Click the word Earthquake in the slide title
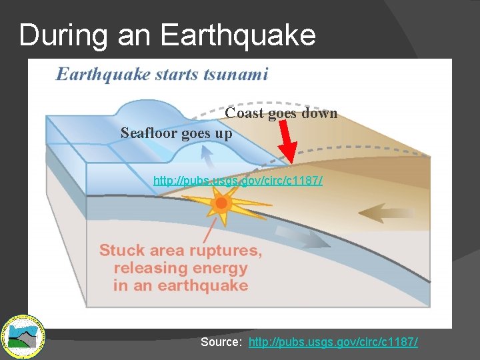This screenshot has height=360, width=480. pos(238,35)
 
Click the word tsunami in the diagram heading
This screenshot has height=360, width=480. pos(236,73)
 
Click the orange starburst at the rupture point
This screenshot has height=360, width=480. pos(222,203)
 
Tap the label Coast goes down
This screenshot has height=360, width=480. pos(281,113)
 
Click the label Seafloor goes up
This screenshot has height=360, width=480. pos(176,133)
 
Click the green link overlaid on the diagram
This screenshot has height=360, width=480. pos(238,181)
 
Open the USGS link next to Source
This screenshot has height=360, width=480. pos(333,342)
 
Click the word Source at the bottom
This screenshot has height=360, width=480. pos(222,342)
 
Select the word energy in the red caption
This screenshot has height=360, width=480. pos(220,268)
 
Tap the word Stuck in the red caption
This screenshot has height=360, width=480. pos(121,251)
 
